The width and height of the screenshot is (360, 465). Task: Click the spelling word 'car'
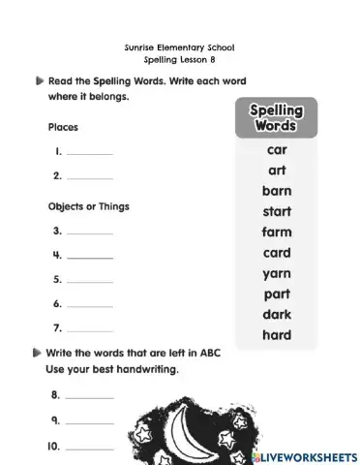pyautogui.click(x=277, y=150)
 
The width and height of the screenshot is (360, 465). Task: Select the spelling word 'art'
pyautogui.click(x=277, y=170)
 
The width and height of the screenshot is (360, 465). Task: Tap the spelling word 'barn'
pyautogui.click(x=277, y=191)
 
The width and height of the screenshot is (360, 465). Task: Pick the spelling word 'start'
pyautogui.click(x=277, y=211)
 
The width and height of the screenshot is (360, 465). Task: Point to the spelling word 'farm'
pyautogui.click(x=277, y=232)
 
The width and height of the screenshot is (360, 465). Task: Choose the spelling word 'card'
pyautogui.click(x=277, y=253)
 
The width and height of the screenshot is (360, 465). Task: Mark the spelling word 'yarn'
pyautogui.click(x=277, y=273)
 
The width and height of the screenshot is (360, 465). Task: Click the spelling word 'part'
pyautogui.click(x=277, y=294)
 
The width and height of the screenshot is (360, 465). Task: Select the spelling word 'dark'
pyautogui.click(x=277, y=314)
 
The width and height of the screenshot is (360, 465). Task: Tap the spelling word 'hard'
pyautogui.click(x=277, y=335)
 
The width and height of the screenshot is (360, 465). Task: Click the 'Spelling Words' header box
pyautogui.click(x=277, y=118)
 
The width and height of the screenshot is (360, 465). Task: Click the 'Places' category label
pyautogui.click(x=63, y=127)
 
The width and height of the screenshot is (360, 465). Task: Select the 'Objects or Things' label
pyautogui.click(x=89, y=206)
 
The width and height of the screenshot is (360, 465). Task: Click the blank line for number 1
pyautogui.click(x=89, y=154)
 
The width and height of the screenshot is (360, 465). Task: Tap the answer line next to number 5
pyautogui.click(x=89, y=281)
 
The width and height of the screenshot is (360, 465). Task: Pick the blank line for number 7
pyautogui.click(x=89, y=329)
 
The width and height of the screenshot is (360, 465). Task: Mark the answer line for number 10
pyautogui.click(x=89, y=449)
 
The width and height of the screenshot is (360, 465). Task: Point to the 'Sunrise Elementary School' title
pyautogui.click(x=180, y=46)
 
